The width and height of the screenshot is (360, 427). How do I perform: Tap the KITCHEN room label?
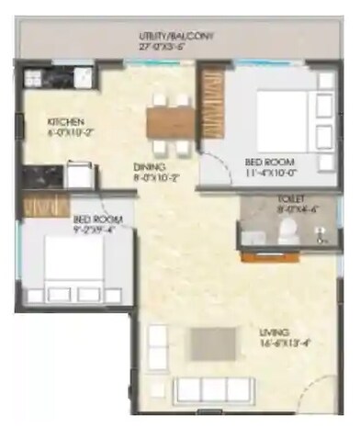[x=67, y=121]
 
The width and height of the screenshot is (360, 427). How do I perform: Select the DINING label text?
[x=148, y=167]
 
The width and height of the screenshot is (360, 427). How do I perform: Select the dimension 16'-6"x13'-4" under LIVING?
[x=275, y=343]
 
